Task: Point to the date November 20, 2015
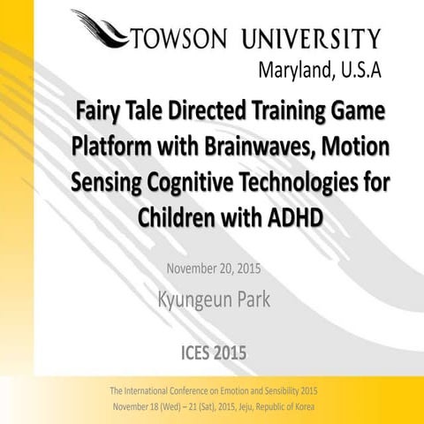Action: [x=213, y=266]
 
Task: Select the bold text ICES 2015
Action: [x=212, y=353]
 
